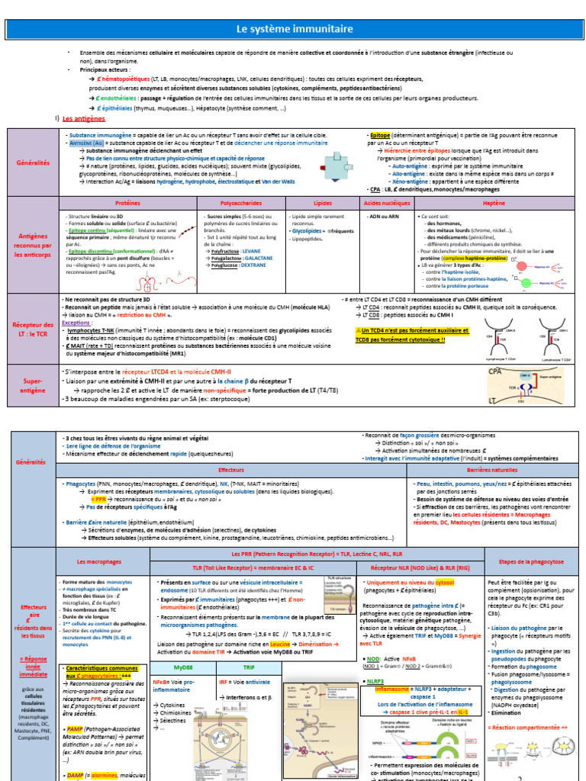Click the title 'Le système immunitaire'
click(295, 29)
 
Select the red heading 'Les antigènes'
click(78, 119)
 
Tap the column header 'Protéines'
click(127, 204)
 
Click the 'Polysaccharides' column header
click(241, 204)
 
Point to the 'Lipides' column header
click(323, 204)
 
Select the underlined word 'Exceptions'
click(77, 323)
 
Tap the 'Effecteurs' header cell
click(231, 471)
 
